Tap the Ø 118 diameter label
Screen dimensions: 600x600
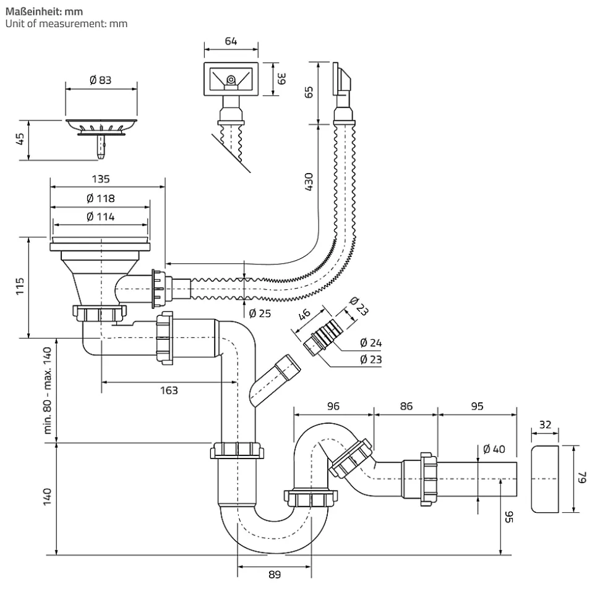click(x=100, y=198)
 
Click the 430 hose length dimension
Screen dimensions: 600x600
click(x=309, y=183)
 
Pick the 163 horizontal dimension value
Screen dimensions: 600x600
click(x=168, y=390)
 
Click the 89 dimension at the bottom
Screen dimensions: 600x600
click(x=275, y=575)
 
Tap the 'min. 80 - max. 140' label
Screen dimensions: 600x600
click(x=47, y=390)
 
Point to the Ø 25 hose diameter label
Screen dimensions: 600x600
click(x=260, y=313)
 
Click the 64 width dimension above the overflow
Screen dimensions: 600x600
click(x=231, y=42)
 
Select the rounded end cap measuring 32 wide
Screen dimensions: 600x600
click(x=545, y=478)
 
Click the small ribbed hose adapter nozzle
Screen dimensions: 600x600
click(x=322, y=333)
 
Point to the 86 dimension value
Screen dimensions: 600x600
click(x=406, y=406)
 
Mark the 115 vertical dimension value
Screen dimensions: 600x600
click(x=20, y=287)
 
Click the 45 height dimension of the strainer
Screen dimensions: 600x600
click(x=20, y=140)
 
